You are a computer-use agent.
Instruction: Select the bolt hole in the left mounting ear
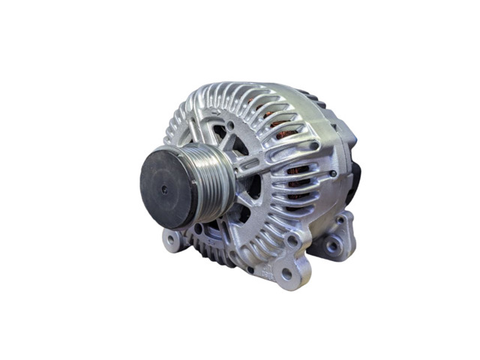(171, 240)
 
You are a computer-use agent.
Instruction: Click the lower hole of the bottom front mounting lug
(286, 275)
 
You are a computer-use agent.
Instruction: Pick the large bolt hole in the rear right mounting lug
(331, 245)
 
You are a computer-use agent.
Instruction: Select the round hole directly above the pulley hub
(229, 124)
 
